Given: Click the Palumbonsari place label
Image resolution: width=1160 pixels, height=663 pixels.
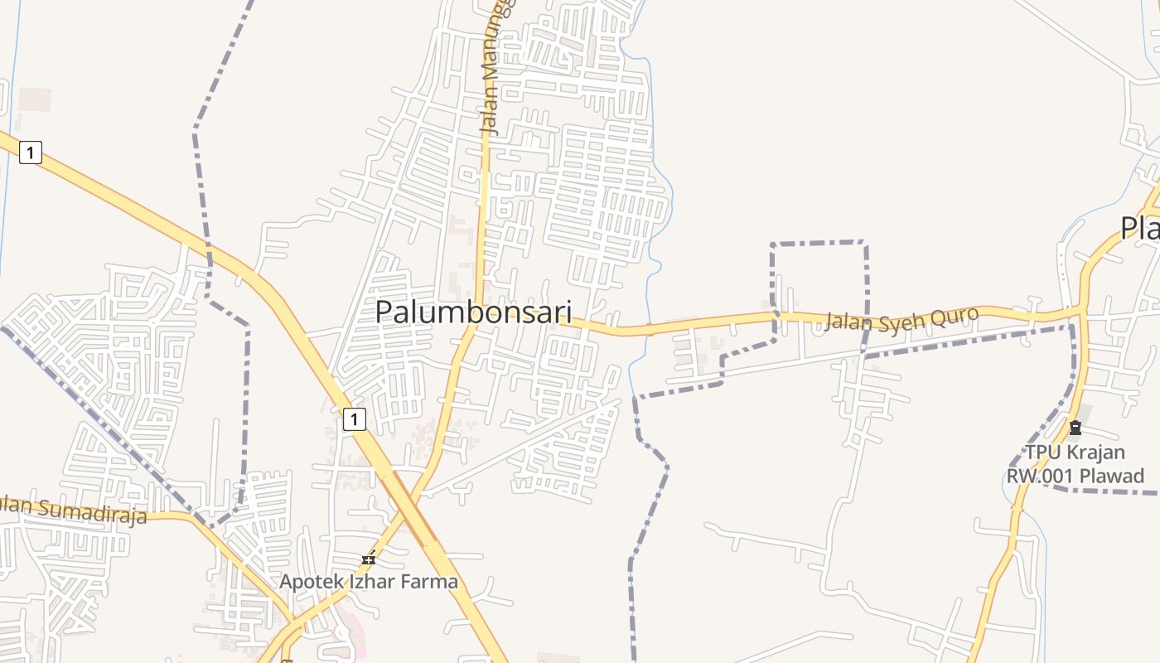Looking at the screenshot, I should click(x=473, y=312).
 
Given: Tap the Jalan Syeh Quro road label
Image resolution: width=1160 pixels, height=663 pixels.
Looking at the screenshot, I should click(x=901, y=318).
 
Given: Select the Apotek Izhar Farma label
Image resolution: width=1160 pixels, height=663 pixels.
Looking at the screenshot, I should click(x=368, y=581).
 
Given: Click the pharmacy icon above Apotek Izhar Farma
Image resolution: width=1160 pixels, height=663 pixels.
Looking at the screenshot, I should click(x=369, y=559).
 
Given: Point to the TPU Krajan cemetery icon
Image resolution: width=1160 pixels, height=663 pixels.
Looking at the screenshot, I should click(x=1075, y=428).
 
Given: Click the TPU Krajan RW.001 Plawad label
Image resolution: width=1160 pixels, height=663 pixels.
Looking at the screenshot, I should click(x=1075, y=464).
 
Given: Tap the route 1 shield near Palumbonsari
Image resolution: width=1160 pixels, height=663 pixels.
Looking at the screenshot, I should click(x=354, y=419).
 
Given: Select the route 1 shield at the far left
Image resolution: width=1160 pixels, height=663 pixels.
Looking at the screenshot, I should click(x=31, y=152).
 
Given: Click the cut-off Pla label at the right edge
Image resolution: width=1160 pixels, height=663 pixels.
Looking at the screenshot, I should click(x=1140, y=227).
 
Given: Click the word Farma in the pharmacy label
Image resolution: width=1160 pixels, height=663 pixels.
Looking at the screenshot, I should click(x=429, y=581).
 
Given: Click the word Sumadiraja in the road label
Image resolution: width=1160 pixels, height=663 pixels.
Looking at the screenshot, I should click(x=91, y=511).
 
